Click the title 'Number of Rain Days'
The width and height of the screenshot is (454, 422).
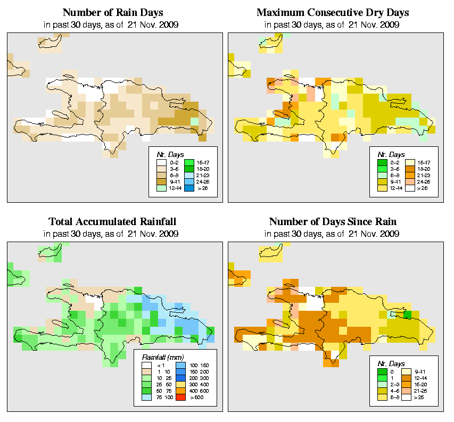coord(112,12)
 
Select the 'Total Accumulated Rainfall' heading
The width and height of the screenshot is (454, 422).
coord(112,221)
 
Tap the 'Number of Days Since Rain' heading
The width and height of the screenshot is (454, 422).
coord(333,221)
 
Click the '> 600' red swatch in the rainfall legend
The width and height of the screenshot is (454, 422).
coord(180,398)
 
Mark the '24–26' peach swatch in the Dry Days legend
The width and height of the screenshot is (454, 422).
coord(409,181)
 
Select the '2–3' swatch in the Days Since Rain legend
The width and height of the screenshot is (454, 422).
coord(382,384)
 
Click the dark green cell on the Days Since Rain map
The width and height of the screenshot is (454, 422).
coord(407,315)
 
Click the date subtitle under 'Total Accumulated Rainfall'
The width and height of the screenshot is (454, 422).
coord(112,234)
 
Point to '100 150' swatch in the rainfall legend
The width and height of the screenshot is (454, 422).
coord(180,366)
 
